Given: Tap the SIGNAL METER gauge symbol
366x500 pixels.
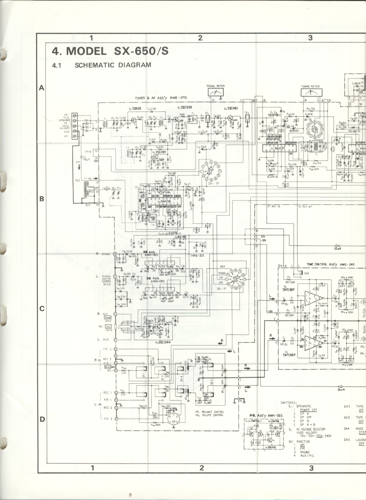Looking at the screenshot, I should [215, 92].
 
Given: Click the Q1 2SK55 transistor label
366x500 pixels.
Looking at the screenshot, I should [135, 109].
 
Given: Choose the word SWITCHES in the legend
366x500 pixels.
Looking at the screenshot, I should [288, 402].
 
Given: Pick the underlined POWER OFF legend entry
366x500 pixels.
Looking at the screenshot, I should [308, 410].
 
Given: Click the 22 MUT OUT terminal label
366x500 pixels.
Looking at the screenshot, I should [305, 207].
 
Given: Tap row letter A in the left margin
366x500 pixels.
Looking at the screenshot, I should [41, 88].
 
